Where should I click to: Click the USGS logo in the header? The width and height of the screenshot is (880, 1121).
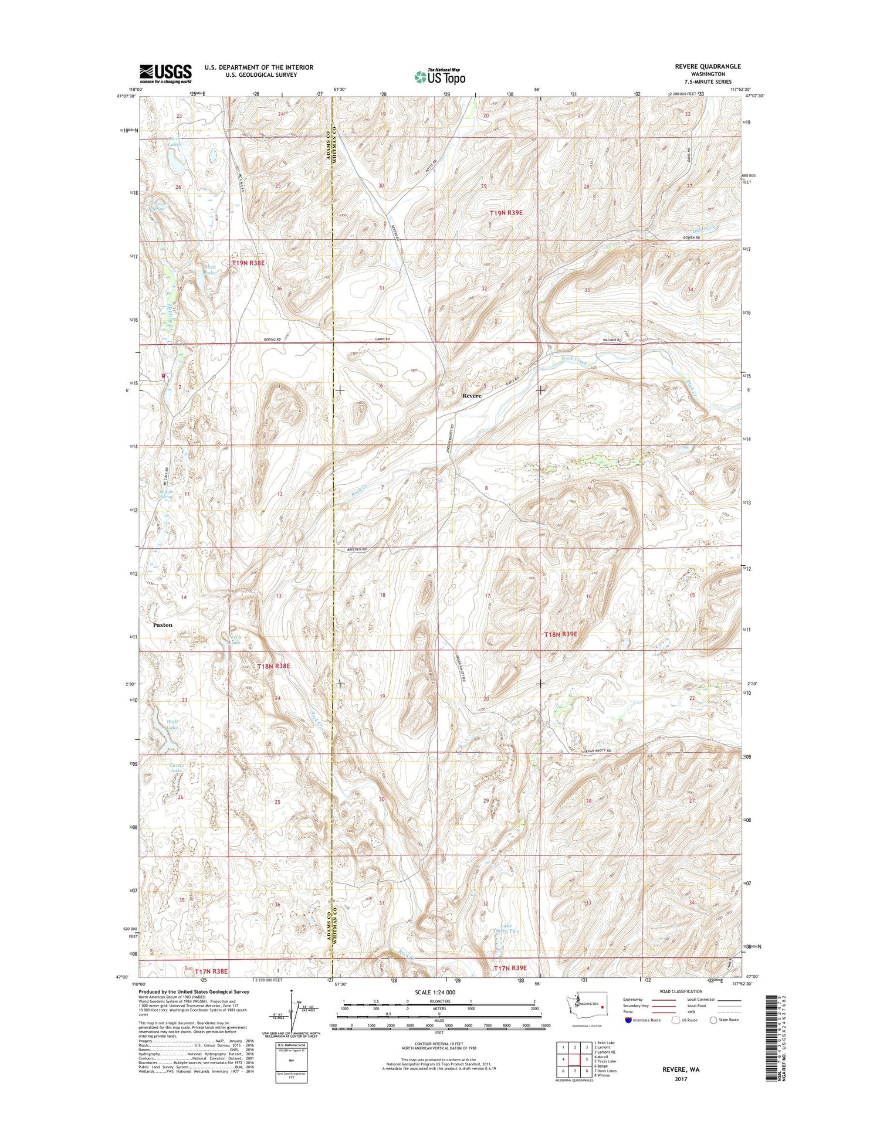[x=165, y=72]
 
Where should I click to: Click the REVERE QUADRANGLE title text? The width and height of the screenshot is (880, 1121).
[x=708, y=66]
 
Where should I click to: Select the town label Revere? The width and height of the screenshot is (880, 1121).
[x=472, y=396]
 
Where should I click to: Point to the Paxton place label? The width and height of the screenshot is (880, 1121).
[x=163, y=625]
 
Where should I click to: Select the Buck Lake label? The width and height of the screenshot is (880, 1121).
[x=209, y=270]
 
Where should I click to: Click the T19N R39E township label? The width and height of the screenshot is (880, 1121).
[x=506, y=213]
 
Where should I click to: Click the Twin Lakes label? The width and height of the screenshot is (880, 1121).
[x=157, y=141]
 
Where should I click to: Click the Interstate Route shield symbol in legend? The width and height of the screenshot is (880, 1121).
[x=628, y=1020]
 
